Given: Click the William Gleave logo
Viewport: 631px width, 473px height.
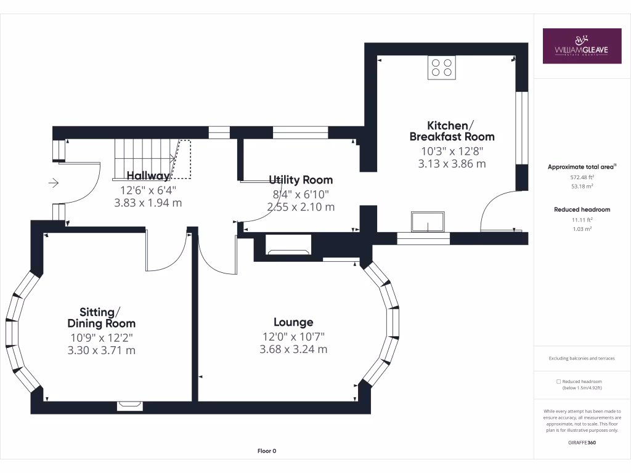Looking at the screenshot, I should point(582,46).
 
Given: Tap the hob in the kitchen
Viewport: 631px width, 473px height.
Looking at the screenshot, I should point(442,67).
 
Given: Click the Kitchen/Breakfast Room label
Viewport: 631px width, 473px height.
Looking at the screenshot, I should point(452,131).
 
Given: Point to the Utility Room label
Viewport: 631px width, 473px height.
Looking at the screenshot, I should point(301,180).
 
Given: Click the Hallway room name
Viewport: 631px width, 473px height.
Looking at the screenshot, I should point(148,176).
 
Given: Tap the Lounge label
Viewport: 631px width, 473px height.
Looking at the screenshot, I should point(293,322).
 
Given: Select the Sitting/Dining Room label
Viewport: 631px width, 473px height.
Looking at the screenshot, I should point(101,317).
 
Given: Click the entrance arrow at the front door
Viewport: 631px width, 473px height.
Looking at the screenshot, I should point(53,183).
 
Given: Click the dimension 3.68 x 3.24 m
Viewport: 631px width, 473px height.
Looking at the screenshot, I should point(293,349).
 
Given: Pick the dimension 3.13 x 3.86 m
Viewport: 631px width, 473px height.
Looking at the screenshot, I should point(452,164).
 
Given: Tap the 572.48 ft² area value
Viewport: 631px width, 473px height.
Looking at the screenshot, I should point(582,177).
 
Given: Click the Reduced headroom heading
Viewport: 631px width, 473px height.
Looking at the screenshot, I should point(582,209).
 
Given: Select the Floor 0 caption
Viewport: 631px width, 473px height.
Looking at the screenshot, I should point(267,451).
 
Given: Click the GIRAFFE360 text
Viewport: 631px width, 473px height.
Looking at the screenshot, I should point(582,442).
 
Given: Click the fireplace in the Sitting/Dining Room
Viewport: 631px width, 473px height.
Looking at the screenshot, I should point(130,405).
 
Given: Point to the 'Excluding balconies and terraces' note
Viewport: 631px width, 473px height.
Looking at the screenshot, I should point(582,358).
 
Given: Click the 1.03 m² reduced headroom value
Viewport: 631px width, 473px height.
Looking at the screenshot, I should point(582,228).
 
